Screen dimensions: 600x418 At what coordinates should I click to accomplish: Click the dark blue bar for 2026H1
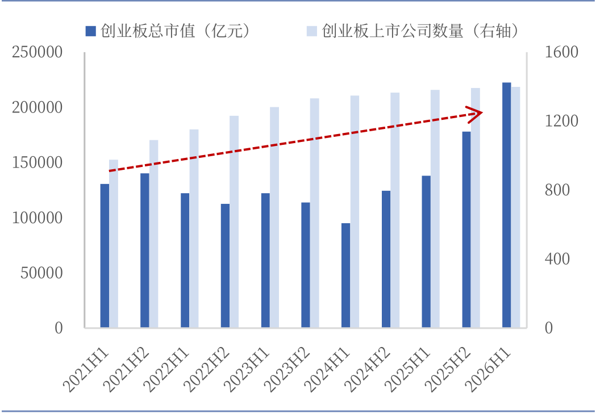click(506, 205)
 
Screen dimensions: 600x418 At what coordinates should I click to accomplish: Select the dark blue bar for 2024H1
click(345, 275)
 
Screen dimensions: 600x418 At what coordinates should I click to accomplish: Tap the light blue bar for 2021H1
click(114, 244)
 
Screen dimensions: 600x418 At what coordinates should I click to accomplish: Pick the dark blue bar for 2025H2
click(466, 229)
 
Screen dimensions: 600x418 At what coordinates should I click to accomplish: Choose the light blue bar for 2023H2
click(315, 213)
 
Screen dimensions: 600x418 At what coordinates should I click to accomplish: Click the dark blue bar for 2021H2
click(145, 250)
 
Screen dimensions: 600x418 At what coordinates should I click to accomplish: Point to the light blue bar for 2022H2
click(234, 222)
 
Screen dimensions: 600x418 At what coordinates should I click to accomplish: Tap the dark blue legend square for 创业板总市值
click(90, 31)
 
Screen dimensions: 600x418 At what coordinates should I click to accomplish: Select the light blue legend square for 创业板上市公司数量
click(312, 31)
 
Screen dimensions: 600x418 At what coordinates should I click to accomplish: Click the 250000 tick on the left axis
click(37, 52)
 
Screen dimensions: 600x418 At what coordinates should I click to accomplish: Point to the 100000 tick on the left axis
click(37, 218)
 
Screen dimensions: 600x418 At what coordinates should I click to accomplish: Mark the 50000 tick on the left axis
click(41, 273)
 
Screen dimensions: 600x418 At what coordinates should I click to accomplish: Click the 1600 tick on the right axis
click(561, 52)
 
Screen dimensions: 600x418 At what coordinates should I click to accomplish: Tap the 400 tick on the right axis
click(557, 260)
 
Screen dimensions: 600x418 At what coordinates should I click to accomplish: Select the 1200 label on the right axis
click(561, 121)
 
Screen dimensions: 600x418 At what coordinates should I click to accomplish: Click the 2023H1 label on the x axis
click(247, 370)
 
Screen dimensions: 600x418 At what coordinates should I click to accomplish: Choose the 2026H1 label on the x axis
click(488, 370)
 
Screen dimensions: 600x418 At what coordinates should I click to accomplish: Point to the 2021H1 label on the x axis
click(86, 370)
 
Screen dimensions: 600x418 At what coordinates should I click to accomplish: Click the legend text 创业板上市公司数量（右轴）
click(420, 31)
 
